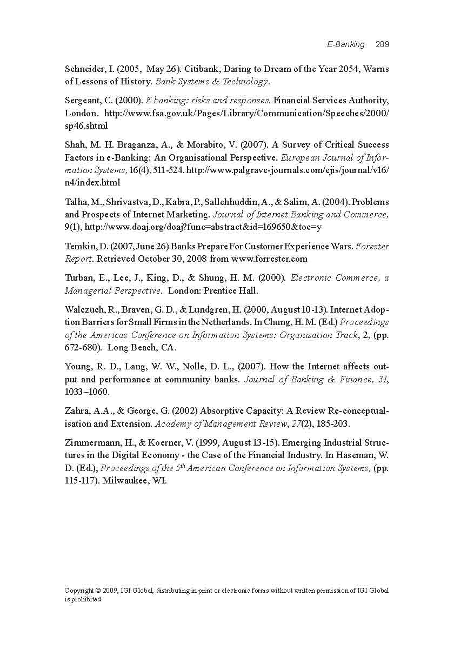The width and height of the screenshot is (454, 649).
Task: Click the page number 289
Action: pos(382,44)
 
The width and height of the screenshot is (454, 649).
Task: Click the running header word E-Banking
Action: pos(346,44)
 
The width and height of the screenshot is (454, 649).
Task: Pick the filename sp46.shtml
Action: pos(86,125)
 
